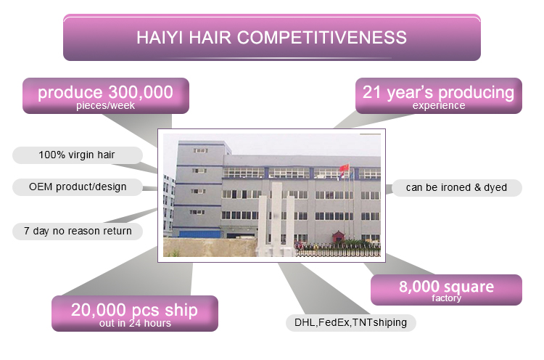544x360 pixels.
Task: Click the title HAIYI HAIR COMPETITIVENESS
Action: tap(272, 38)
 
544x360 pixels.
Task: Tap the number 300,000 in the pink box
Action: tap(141, 92)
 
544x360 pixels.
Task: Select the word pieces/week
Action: tap(105, 105)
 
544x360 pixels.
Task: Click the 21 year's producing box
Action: tap(439, 96)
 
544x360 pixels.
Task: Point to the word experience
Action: tap(439, 105)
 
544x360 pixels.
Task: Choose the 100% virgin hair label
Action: tap(78, 155)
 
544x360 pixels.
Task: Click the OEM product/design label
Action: tap(78, 187)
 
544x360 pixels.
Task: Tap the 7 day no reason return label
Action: tap(78, 232)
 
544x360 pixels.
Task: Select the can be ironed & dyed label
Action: tap(456, 188)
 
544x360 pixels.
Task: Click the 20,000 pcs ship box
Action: tap(135, 314)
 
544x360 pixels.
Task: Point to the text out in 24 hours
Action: tap(135, 323)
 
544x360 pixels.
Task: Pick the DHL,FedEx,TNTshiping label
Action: tap(351, 323)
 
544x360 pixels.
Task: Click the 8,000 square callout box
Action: tap(446, 290)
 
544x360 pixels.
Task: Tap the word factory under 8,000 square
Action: tap(446, 298)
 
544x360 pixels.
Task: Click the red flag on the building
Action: tap(344, 168)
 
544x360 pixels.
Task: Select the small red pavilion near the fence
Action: tap(338, 237)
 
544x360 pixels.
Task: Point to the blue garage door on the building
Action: tap(199, 234)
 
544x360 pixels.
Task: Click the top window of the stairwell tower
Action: tap(200, 150)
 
